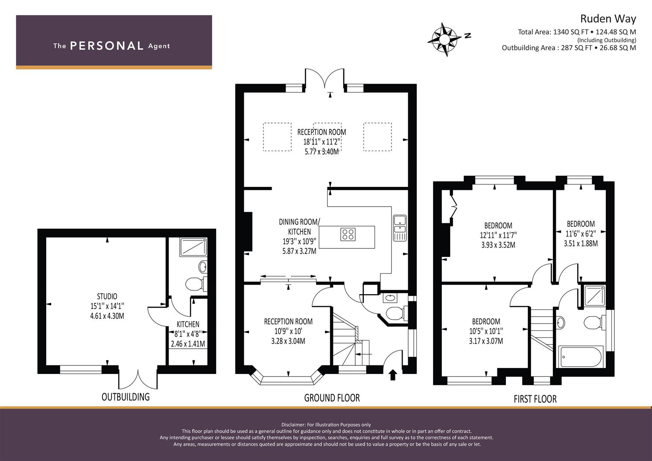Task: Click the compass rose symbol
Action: pyautogui.click(x=444, y=40)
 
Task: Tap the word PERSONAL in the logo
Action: pyautogui.click(x=107, y=46)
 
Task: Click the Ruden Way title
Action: pyautogui.click(x=608, y=19)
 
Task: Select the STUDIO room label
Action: pyautogui.click(x=107, y=296)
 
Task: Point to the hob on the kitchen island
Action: pyautogui.click(x=348, y=235)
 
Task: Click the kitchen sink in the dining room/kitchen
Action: pyautogui.click(x=400, y=228)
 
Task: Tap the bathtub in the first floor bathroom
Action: pyautogui.click(x=581, y=357)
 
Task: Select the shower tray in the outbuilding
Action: pyautogui.click(x=193, y=248)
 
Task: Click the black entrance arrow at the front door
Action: pyautogui.click(x=393, y=375)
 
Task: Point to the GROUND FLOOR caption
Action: pyautogui.click(x=332, y=398)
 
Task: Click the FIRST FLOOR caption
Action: pyautogui.click(x=535, y=399)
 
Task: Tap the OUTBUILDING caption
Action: pyautogui.click(x=126, y=397)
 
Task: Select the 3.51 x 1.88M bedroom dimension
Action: pyautogui.click(x=581, y=243)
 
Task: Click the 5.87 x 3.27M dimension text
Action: pyautogui.click(x=299, y=251)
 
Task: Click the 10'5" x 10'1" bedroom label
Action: pyautogui.click(x=486, y=331)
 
